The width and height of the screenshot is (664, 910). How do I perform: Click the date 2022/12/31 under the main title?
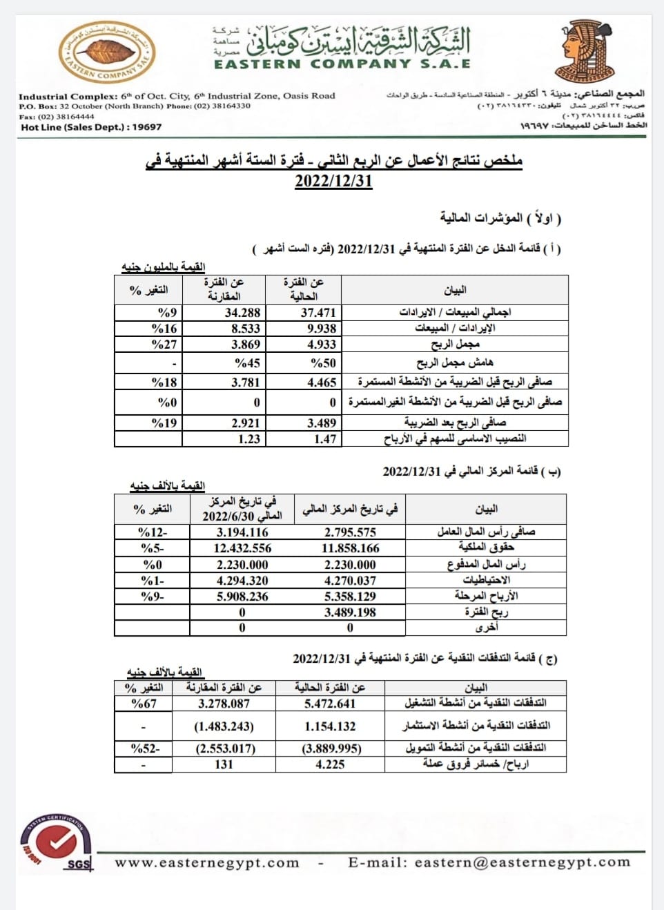[333, 182]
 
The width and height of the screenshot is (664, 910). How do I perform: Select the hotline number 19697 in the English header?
[147, 127]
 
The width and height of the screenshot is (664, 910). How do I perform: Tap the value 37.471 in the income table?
[318, 313]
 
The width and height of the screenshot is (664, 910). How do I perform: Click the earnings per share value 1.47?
[324, 439]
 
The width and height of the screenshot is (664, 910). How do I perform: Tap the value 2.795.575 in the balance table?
[350, 532]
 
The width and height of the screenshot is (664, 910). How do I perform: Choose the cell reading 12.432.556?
[242, 548]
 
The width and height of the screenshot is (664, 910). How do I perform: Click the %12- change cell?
[153, 532]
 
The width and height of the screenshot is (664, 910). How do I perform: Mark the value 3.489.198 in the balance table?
[350, 612]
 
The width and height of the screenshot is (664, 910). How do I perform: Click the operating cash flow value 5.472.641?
[330, 704]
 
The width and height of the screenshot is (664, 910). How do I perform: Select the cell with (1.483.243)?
[224, 726]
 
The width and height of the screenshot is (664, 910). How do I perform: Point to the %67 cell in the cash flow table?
[144, 704]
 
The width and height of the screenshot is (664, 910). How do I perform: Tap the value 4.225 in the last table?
[330, 764]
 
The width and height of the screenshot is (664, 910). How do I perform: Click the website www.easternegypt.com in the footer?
[207, 863]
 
